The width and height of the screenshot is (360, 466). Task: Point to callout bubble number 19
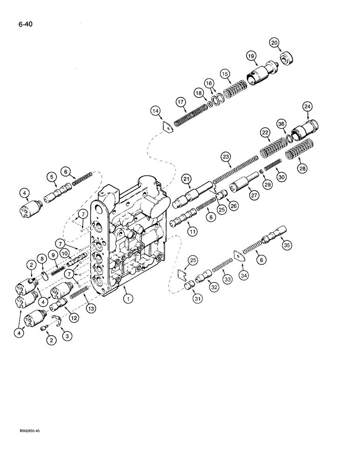coord(251,57)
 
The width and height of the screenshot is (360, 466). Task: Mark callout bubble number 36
coord(281,123)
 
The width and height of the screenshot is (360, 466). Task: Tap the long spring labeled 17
coord(190,114)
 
